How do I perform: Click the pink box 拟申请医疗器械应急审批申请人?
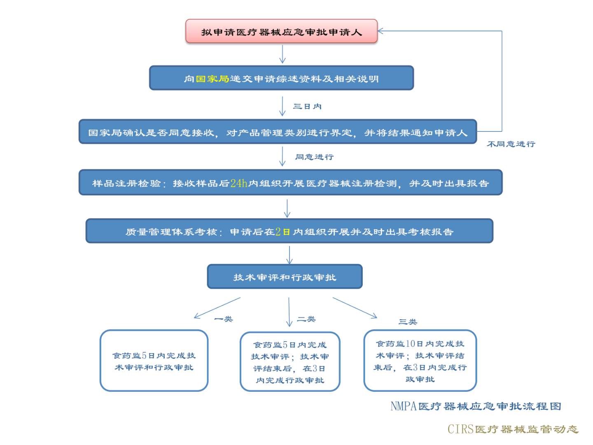(281, 31)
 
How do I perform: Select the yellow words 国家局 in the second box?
(212, 79)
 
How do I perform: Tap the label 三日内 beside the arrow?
(307, 106)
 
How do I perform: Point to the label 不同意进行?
(511, 144)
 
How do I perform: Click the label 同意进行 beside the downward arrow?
(314, 157)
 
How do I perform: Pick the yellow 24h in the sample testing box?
(239, 183)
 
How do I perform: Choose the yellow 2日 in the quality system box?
(282, 232)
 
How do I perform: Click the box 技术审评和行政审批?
(285, 277)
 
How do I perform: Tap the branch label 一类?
(224, 319)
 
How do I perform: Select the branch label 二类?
(306, 319)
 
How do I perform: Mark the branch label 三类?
(408, 322)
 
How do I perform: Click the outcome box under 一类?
(154, 361)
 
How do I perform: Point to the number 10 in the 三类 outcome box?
(410, 344)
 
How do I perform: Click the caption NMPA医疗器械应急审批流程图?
(476, 406)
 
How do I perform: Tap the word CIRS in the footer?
(460, 429)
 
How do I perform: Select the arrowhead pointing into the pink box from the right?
(381, 31)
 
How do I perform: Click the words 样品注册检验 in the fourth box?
(126, 183)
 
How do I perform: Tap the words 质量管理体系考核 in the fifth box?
(171, 232)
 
